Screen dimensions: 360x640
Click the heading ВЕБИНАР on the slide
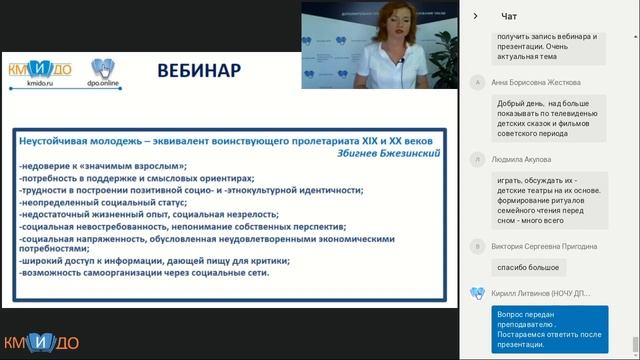coord(198,71)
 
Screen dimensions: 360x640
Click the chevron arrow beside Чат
coord(475,16)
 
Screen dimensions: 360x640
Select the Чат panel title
coord(509,16)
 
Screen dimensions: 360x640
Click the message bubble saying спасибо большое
coord(528,268)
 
